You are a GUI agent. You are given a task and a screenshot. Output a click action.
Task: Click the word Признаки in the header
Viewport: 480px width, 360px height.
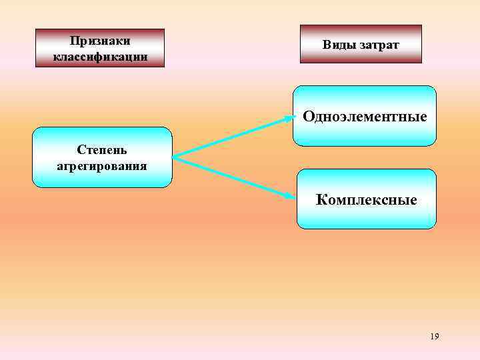[99, 41]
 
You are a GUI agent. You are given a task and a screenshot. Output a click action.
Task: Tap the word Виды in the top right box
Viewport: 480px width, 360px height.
[339, 45]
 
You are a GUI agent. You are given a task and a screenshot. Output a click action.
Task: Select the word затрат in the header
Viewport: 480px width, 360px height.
[380, 45]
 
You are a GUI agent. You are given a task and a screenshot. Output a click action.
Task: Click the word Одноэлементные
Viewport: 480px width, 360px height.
[365, 117]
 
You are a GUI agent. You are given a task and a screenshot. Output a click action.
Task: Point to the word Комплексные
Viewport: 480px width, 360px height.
[366, 199]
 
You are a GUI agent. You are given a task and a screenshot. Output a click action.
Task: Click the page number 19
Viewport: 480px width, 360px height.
[435, 337]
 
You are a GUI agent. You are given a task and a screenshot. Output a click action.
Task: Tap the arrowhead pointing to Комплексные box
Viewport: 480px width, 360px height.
[291, 197]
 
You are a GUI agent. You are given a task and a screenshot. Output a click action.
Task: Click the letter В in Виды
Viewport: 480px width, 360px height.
[327, 45]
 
